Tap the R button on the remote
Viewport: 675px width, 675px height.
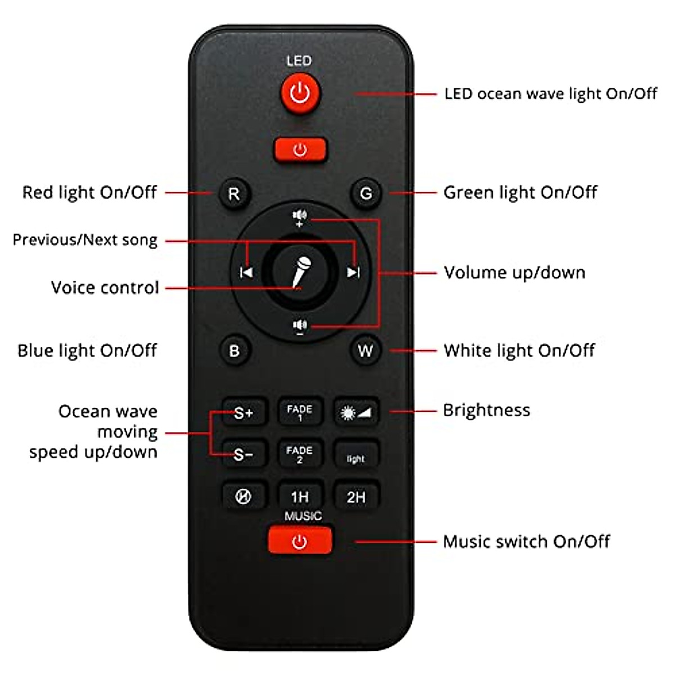coord(234,194)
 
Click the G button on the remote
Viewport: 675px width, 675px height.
coord(366,194)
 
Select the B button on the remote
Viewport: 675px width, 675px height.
coord(234,351)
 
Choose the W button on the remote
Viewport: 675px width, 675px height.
coord(365,351)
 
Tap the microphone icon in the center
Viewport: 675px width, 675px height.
coord(300,272)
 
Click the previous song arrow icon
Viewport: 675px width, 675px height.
coord(246,273)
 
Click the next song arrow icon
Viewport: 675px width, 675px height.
coord(353,273)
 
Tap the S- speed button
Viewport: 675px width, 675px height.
coord(243,454)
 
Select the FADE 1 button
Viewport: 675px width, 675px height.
coord(300,412)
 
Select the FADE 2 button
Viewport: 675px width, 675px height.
coord(300,454)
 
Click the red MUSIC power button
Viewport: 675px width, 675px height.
coord(300,542)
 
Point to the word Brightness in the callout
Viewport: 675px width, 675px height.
coord(487,410)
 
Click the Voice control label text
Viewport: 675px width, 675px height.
coord(105,288)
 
